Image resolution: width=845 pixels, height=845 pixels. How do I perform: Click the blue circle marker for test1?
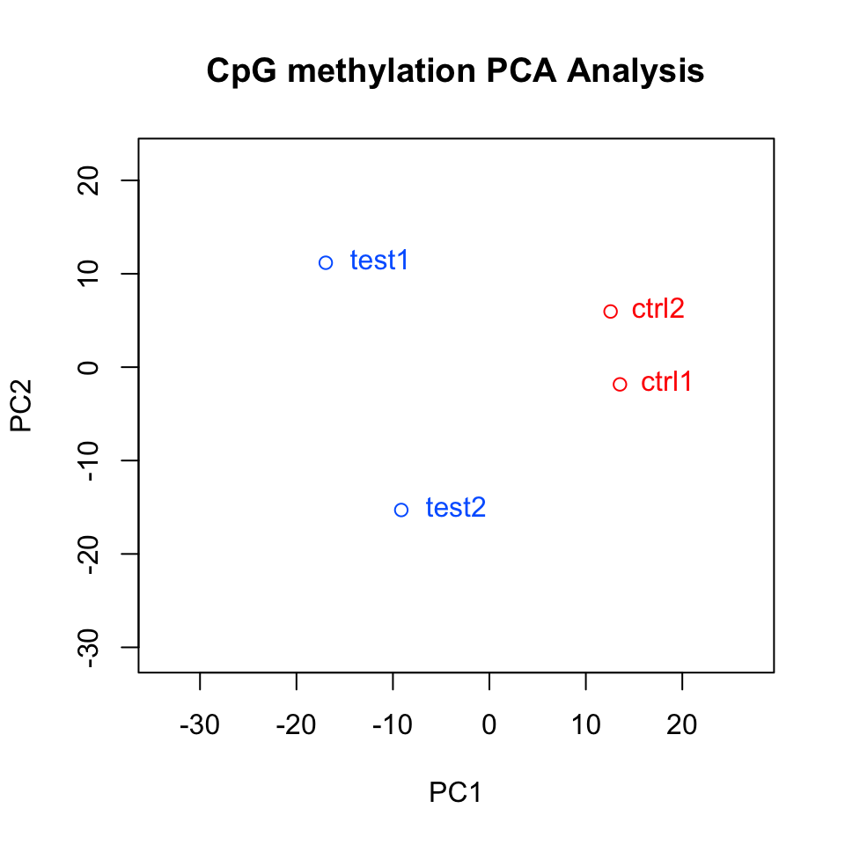[x=326, y=262]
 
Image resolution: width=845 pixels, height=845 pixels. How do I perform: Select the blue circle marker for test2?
[x=401, y=510]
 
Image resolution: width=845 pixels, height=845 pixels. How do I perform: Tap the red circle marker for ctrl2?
[x=611, y=311]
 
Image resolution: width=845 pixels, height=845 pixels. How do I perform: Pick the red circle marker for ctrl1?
[x=620, y=384]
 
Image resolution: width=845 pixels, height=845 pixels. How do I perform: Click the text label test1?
[x=379, y=261]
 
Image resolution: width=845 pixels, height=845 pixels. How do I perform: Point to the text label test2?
[x=455, y=508]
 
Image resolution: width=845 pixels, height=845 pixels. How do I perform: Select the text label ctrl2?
[x=658, y=309]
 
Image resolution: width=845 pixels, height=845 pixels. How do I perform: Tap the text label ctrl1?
[x=666, y=382]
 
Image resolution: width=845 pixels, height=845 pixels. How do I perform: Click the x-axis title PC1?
[x=455, y=793]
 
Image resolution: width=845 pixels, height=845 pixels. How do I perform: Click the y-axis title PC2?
[x=22, y=405]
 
